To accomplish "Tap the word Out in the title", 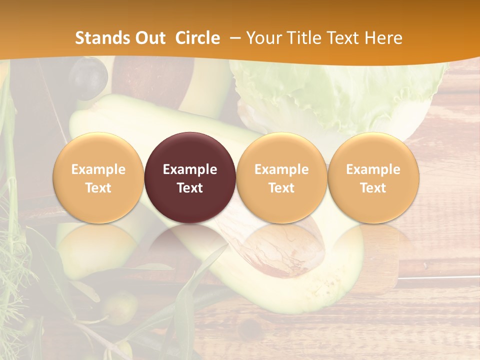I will tap(148, 38).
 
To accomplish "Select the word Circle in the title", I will tap(197, 38).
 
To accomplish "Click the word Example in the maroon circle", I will tap(190, 169).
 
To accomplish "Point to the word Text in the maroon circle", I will tap(190, 188).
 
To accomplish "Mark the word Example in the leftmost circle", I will tap(98, 169).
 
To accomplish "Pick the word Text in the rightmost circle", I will tap(373, 188).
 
